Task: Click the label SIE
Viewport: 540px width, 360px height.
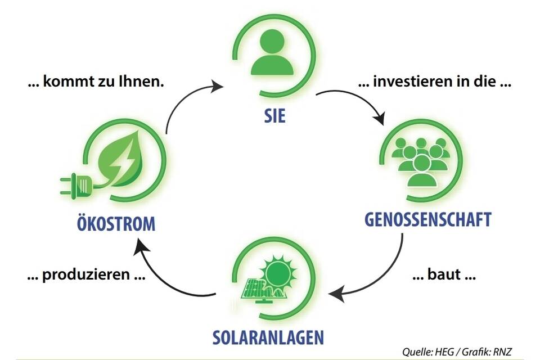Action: (x=275, y=116)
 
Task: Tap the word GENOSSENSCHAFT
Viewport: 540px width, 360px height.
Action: (x=428, y=219)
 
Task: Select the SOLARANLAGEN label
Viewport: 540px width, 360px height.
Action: (x=268, y=337)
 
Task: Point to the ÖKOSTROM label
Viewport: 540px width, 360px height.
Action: (x=116, y=223)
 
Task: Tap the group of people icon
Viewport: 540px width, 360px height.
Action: (x=421, y=162)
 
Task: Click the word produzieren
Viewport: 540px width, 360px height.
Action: (x=85, y=275)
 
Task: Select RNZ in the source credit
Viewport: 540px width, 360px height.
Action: (x=502, y=352)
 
